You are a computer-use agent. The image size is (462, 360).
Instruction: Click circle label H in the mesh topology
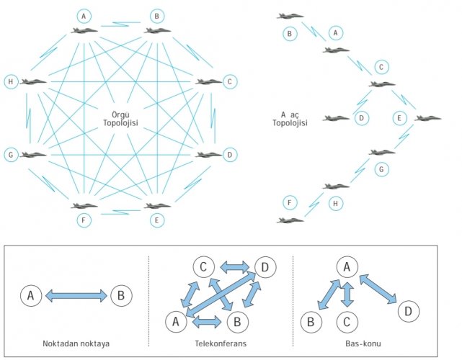click(9, 81)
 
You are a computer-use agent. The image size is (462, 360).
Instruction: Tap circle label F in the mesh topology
click(85, 220)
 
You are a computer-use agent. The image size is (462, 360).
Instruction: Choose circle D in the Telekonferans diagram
click(266, 268)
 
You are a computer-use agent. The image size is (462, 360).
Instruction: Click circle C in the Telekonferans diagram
click(204, 268)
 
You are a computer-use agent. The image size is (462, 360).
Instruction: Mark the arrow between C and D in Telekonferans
click(234, 267)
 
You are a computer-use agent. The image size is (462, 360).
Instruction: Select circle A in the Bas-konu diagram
click(347, 268)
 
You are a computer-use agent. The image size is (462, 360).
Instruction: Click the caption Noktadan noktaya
click(76, 344)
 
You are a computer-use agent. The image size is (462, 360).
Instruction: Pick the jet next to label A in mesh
click(85, 31)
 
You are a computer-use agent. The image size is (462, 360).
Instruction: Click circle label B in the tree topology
click(290, 33)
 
